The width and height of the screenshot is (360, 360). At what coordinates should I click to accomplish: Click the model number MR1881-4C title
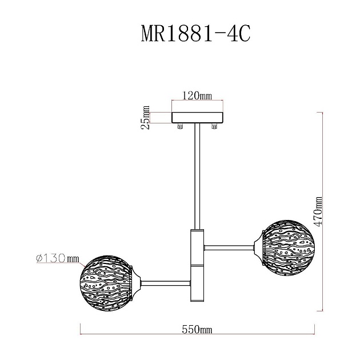click(195, 34)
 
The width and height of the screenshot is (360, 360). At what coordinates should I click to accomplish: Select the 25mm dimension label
click(147, 117)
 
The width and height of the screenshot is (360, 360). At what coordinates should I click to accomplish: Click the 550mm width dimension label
click(197, 330)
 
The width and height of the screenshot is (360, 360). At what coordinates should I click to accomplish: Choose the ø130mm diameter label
click(57, 258)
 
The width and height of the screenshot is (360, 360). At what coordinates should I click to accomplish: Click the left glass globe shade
click(107, 279)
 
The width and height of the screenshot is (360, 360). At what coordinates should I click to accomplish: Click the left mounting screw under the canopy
click(181, 126)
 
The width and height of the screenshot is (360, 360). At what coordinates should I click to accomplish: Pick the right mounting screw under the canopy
click(215, 126)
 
